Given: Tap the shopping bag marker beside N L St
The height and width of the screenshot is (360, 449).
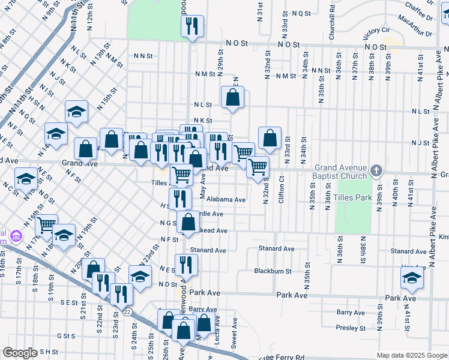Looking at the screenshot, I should pos(232,97).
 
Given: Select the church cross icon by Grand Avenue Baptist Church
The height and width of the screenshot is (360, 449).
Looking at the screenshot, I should pos(376,170).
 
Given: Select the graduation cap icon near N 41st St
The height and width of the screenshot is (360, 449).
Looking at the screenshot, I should pos(412,278).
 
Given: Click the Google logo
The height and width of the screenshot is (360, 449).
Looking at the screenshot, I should pos(20,353).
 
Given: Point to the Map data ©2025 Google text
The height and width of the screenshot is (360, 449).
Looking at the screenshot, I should pos(412,355).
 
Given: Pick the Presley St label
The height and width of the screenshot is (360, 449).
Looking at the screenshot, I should pos(351,328).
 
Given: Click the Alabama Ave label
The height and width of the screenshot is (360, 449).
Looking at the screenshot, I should pos(227,199).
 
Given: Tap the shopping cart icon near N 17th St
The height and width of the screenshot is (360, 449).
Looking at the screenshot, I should pos(46,225).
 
